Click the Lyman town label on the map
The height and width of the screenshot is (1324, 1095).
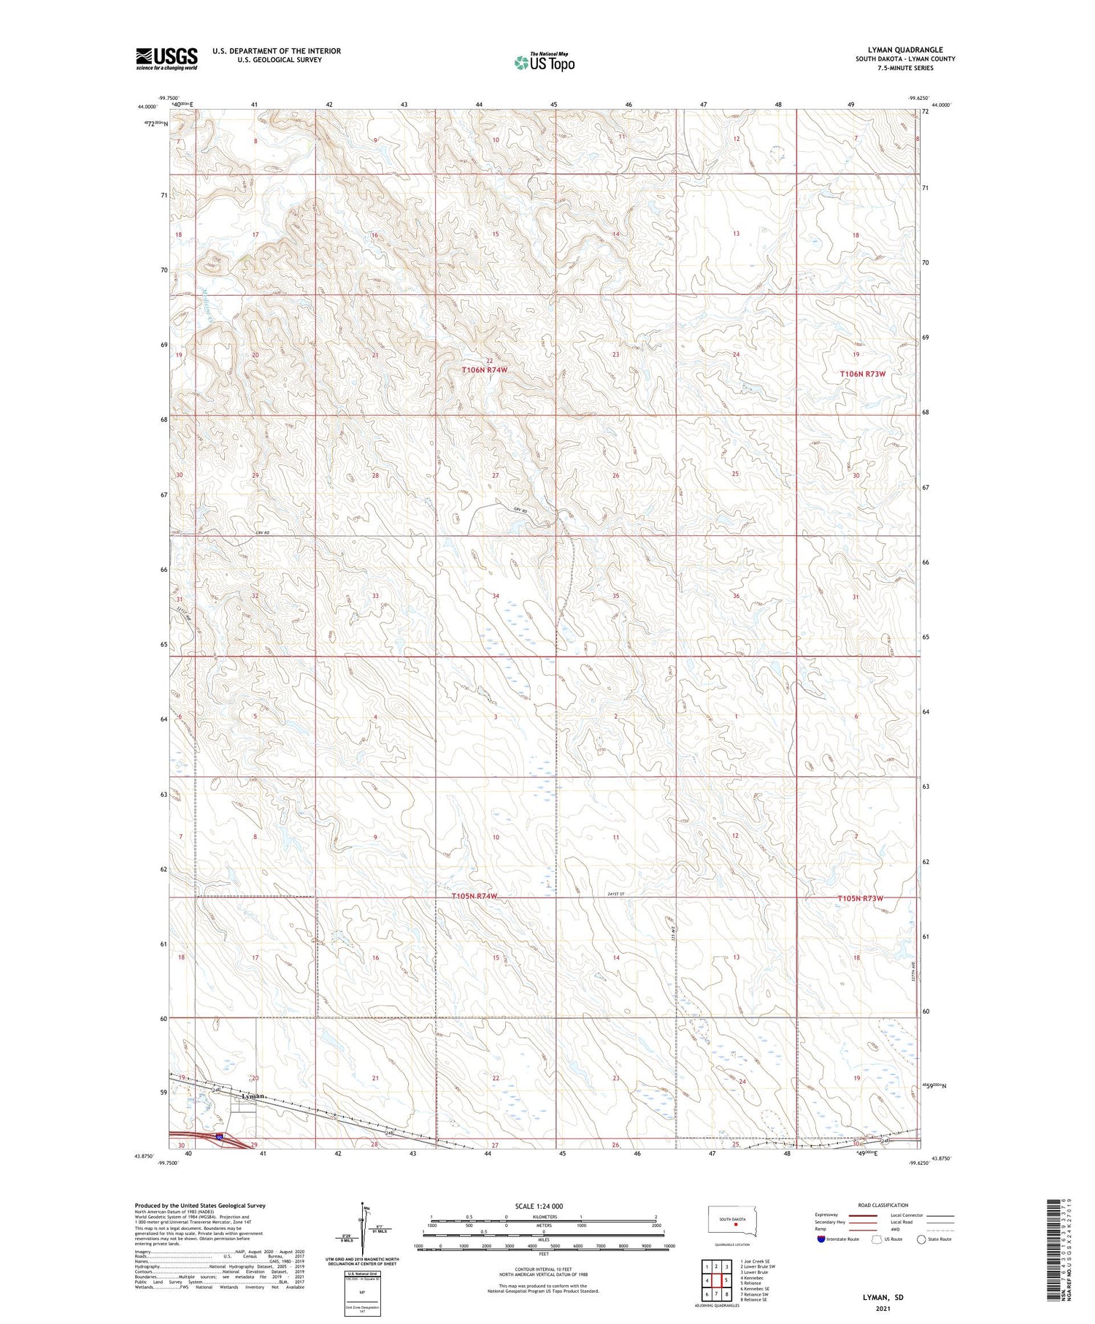point(253,1097)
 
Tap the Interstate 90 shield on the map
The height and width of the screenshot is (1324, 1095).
point(220,1137)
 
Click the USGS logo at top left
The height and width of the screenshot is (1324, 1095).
point(166,58)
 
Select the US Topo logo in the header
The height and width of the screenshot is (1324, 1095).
point(544,62)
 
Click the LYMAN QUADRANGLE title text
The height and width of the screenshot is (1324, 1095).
point(905,50)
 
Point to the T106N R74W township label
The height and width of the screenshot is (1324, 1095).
point(484,370)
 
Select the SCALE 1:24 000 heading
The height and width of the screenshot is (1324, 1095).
point(539,1206)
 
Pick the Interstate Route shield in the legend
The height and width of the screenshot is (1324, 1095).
point(821,1239)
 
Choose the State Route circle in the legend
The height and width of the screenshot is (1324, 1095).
point(921,1239)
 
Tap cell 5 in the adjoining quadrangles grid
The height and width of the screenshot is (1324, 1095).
point(726,1280)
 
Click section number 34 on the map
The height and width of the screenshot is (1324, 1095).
point(496,596)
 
